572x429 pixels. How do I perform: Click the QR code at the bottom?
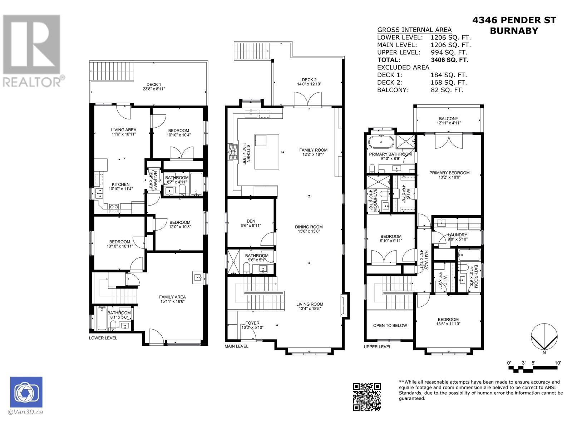pos(366,396)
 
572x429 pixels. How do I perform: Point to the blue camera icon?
pos(26,392)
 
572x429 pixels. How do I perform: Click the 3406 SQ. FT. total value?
pos(449,60)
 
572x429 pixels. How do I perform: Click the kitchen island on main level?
pos(267,151)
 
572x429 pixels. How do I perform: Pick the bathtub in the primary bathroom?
pos(381,142)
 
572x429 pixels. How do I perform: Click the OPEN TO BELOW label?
pos(390,325)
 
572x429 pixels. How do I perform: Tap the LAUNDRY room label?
pos(457,235)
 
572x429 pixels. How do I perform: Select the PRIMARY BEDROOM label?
pos(449,173)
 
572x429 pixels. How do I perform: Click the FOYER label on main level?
pos(252,323)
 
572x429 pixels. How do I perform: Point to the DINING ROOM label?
pos(309,227)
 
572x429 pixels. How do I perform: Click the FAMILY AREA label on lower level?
pos(172,297)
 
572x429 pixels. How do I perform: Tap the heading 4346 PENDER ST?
pos(514,20)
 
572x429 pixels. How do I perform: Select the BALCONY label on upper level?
pos(448,119)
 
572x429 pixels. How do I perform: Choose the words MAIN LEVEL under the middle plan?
pos(236,346)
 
